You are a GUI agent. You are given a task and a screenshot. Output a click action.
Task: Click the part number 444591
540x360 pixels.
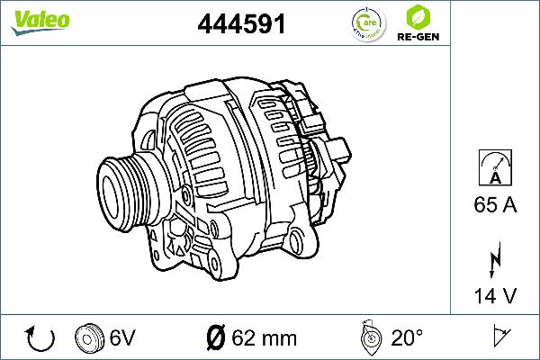[241, 24]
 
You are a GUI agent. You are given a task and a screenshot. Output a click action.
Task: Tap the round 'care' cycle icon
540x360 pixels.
[364, 23]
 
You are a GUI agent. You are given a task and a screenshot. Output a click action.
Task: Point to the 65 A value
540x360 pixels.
[495, 206]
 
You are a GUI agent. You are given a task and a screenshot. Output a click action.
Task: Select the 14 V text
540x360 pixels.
[495, 295]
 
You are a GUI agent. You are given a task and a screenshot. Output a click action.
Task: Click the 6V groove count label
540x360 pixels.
[122, 338]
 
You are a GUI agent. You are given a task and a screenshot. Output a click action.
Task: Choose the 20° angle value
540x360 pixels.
[406, 338]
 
